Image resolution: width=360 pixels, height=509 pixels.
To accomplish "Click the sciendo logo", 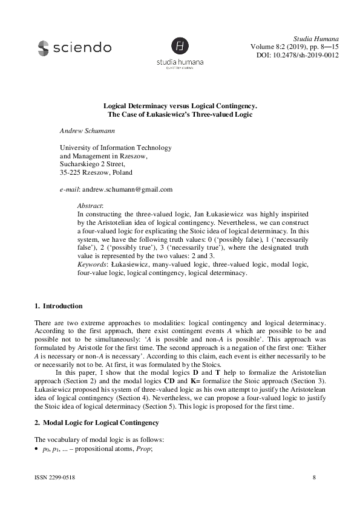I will point(74,47).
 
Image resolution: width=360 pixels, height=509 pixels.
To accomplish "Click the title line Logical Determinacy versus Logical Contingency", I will point(180,105).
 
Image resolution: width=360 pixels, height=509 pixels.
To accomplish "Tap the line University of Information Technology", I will point(116,148).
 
